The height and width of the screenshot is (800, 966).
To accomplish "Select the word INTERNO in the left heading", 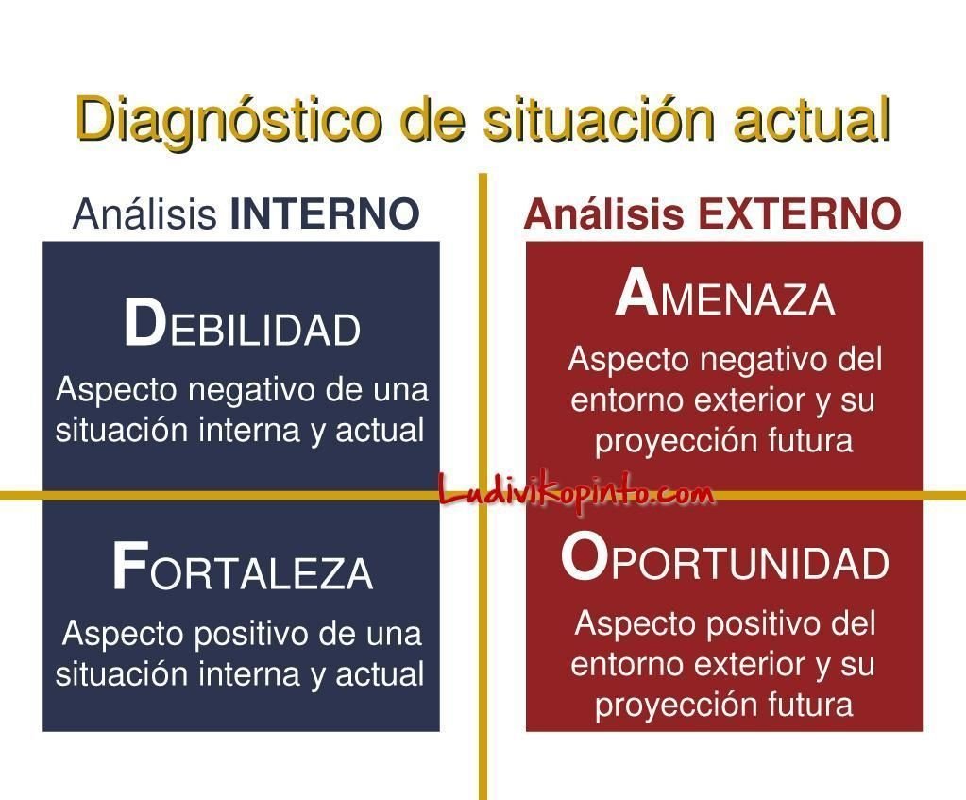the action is (x=325, y=213).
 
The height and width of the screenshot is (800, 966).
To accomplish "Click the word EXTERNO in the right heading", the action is (x=800, y=213).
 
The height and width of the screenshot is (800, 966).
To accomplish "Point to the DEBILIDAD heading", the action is (x=242, y=324).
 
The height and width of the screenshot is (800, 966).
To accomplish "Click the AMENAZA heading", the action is (x=725, y=294).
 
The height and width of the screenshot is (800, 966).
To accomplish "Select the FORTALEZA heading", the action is (x=242, y=567).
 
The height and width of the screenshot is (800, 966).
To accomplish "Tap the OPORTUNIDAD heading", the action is (x=725, y=557).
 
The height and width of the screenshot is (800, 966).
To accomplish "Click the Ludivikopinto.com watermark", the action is (x=577, y=494).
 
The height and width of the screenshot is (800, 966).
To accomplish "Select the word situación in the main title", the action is (x=599, y=118).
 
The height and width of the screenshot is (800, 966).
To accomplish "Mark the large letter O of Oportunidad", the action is (x=584, y=557).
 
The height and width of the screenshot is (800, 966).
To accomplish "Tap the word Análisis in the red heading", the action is (x=603, y=213).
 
